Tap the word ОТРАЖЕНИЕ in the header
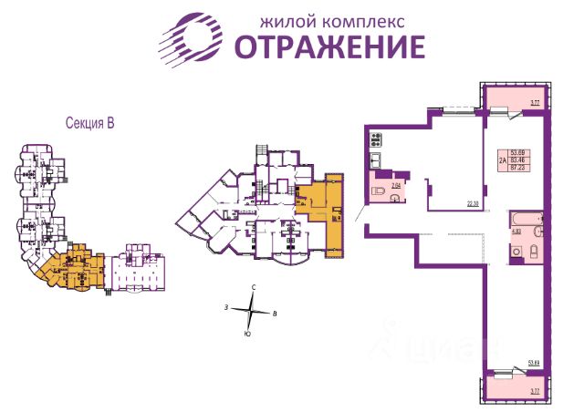(330, 46)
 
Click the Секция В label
(93, 121)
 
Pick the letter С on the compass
(254, 287)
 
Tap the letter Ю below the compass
(247, 335)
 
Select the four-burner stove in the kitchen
(376, 140)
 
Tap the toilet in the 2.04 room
(380, 192)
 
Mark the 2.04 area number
(396, 185)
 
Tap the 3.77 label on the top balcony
(536, 104)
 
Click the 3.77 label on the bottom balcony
(536, 389)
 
